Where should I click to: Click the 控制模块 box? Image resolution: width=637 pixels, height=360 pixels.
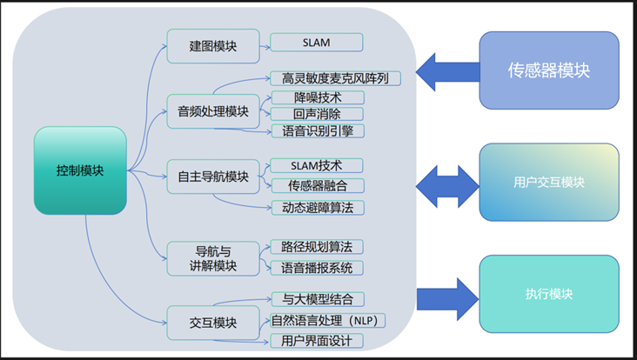(x=80, y=170)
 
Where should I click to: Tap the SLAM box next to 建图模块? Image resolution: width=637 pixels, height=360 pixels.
(x=317, y=43)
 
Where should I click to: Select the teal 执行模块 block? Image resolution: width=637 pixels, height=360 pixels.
(x=548, y=294)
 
